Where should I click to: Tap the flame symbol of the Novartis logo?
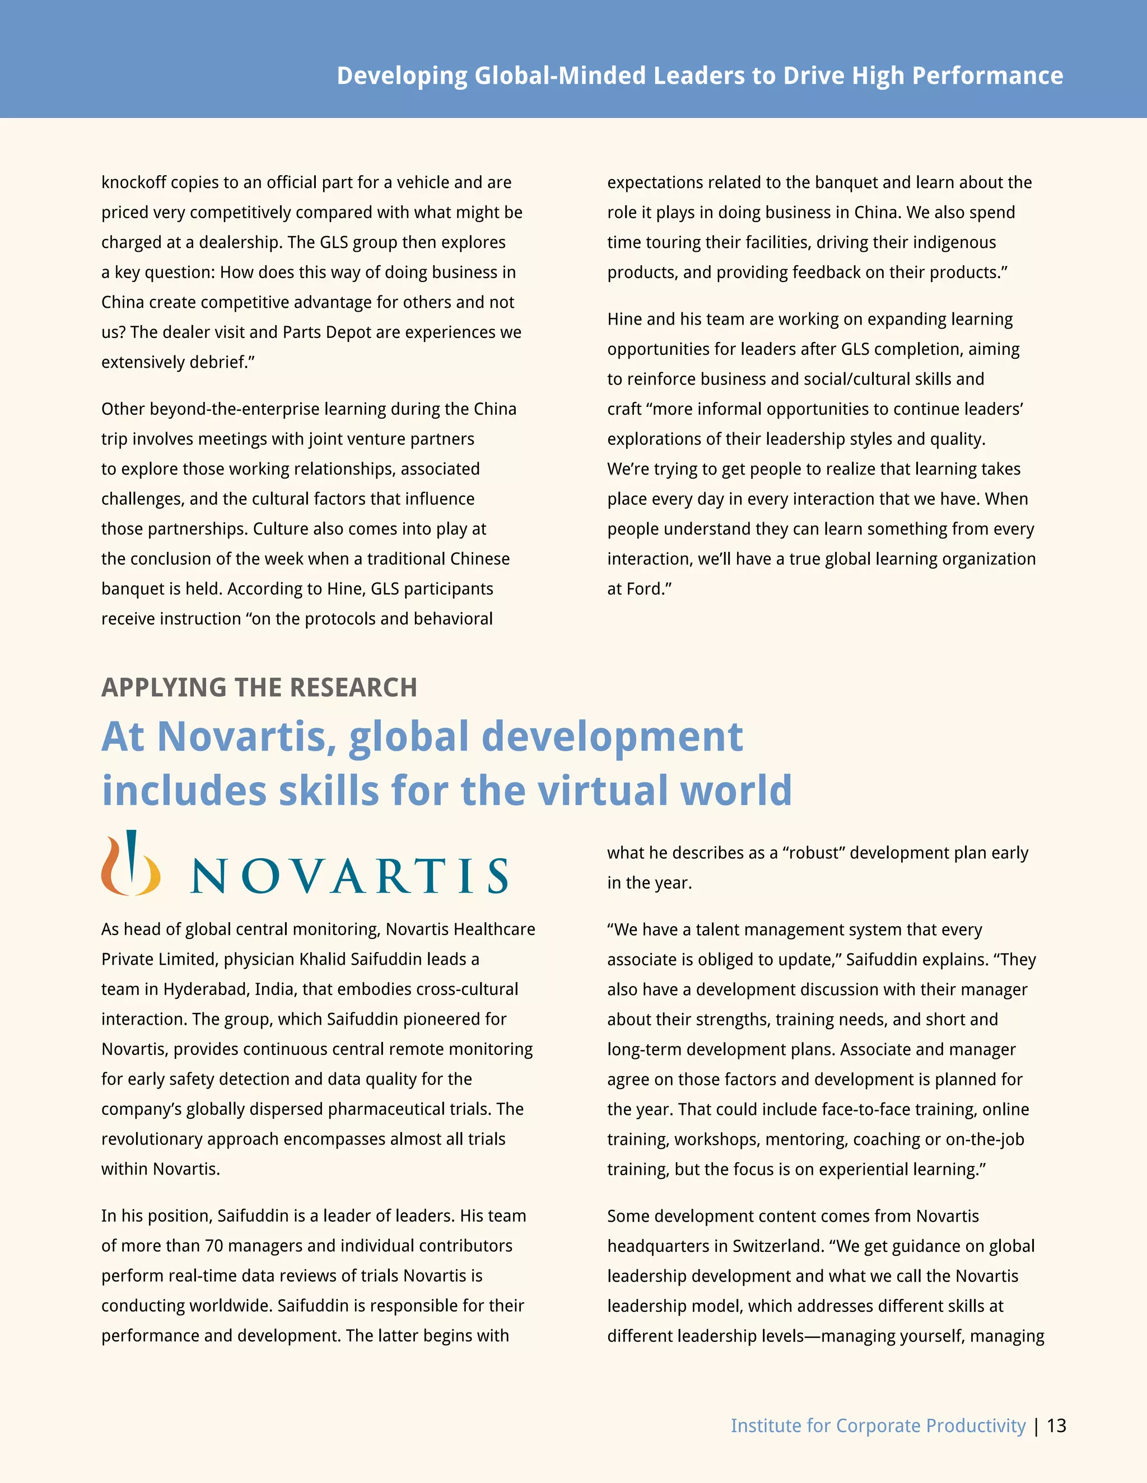pos(130,863)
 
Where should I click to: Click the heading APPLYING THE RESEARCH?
pos(259,687)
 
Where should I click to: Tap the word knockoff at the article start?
pos(133,182)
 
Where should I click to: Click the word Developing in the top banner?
pos(402,76)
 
